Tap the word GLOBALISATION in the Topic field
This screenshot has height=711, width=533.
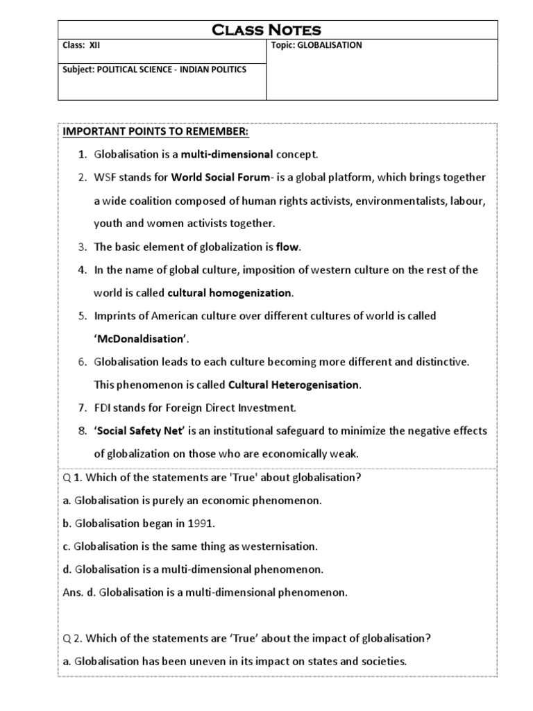330,46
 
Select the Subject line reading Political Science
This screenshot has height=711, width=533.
154,69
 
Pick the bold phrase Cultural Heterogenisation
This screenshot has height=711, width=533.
294,384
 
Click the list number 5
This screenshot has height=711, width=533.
81,316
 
